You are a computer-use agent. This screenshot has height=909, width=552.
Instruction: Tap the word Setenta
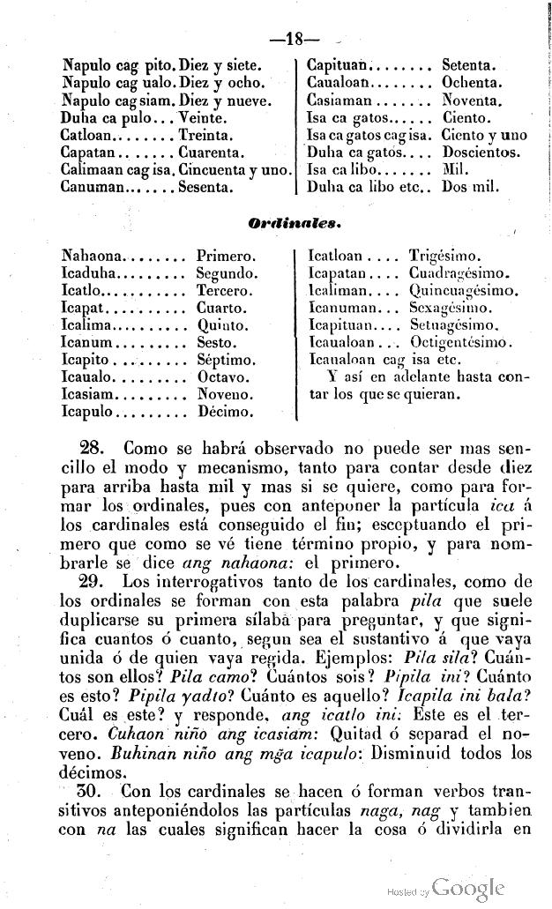point(468,65)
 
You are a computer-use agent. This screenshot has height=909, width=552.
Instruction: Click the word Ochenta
point(472,83)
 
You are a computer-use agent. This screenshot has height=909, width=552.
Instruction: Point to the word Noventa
point(472,101)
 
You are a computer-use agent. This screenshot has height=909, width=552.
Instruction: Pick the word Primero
point(226,257)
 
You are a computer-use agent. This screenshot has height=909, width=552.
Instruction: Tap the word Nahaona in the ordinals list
point(92,257)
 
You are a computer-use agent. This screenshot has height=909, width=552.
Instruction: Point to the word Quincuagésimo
point(464,291)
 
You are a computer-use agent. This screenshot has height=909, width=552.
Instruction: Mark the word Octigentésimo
point(466,343)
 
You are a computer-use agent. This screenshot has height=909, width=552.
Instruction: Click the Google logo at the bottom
point(469,888)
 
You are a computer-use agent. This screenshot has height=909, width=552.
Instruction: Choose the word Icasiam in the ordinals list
point(87,394)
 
